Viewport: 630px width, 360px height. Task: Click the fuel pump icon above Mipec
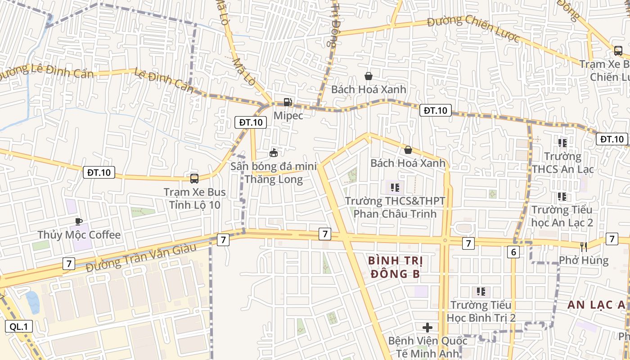[x=288, y=102]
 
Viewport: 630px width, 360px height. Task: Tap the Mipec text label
[x=288, y=116]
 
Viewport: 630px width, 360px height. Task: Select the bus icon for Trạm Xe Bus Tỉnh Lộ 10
[x=194, y=179]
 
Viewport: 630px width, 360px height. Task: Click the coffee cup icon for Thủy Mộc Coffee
[x=79, y=221]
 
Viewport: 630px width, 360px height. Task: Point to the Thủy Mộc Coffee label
[x=79, y=235]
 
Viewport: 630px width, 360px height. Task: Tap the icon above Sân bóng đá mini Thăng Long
[x=273, y=153]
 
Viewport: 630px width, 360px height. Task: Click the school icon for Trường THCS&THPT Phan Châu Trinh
[x=395, y=187]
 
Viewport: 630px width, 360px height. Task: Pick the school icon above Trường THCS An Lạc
[x=562, y=143]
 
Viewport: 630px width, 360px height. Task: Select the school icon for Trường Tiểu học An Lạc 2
[x=562, y=196]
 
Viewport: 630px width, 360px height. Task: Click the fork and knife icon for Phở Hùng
[x=584, y=247]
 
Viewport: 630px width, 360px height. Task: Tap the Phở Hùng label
[x=584, y=260]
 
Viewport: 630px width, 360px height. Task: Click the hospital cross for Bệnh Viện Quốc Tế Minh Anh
[x=427, y=327]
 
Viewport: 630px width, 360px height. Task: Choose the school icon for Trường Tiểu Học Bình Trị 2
[x=481, y=292]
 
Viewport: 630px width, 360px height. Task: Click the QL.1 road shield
[x=19, y=327]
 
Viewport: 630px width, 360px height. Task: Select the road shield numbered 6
[x=513, y=252]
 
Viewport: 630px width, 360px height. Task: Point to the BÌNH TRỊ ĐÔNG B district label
[x=396, y=267]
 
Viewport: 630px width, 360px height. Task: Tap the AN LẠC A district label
[x=596, y=305]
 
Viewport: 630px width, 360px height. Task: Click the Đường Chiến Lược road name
[x=473, y=28]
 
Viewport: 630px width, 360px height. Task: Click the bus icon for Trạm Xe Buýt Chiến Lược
[x=618, y=51]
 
